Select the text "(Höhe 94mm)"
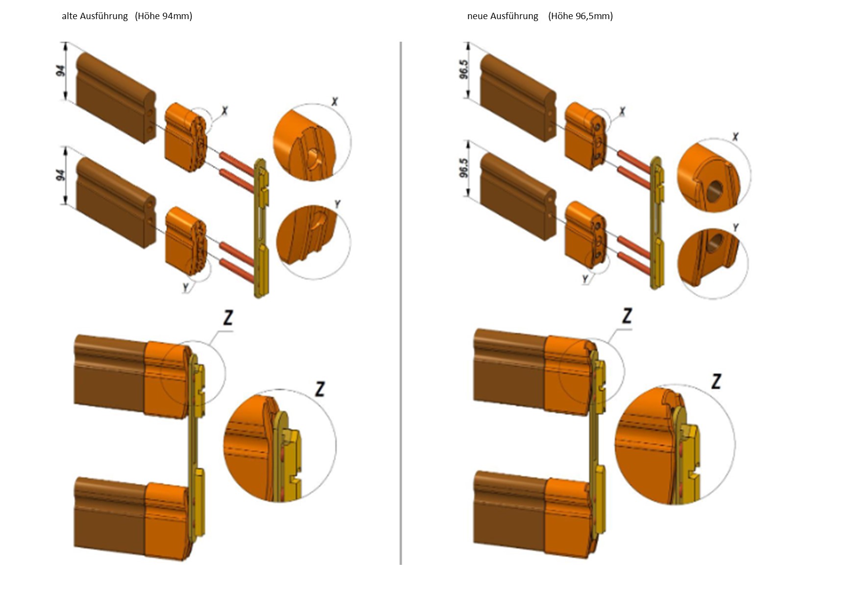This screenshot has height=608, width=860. (163, 16)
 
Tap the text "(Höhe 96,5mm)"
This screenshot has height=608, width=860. (581, 16)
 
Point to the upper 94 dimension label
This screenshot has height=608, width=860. (61, 71)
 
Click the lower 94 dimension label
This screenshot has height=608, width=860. (61, 175)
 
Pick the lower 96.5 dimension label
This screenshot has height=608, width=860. (464, 168)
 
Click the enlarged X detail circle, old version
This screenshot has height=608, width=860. (312, 143)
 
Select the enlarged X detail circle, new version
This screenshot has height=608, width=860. (714, 175)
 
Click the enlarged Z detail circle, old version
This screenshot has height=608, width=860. (279, 445)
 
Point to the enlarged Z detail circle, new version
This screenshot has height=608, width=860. (675, 444)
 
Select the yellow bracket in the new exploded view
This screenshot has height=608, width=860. (658, 223)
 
